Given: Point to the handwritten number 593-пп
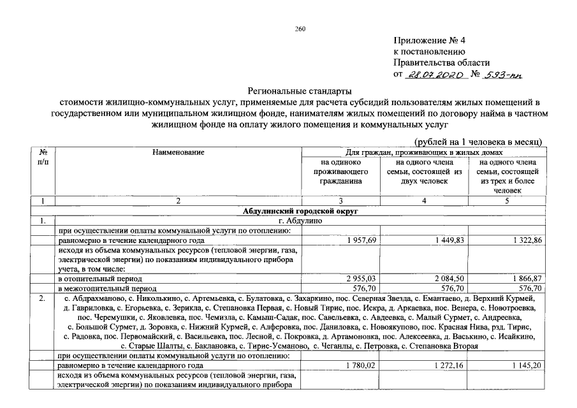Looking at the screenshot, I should (x=503, y=75).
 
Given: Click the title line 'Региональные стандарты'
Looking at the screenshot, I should (x=299, y=91).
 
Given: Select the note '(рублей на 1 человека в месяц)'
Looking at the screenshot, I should (x=478, y=140).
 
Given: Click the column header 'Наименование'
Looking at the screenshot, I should (x=179, y=152).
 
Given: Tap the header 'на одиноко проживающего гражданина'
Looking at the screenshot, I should (x=341, y=171).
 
